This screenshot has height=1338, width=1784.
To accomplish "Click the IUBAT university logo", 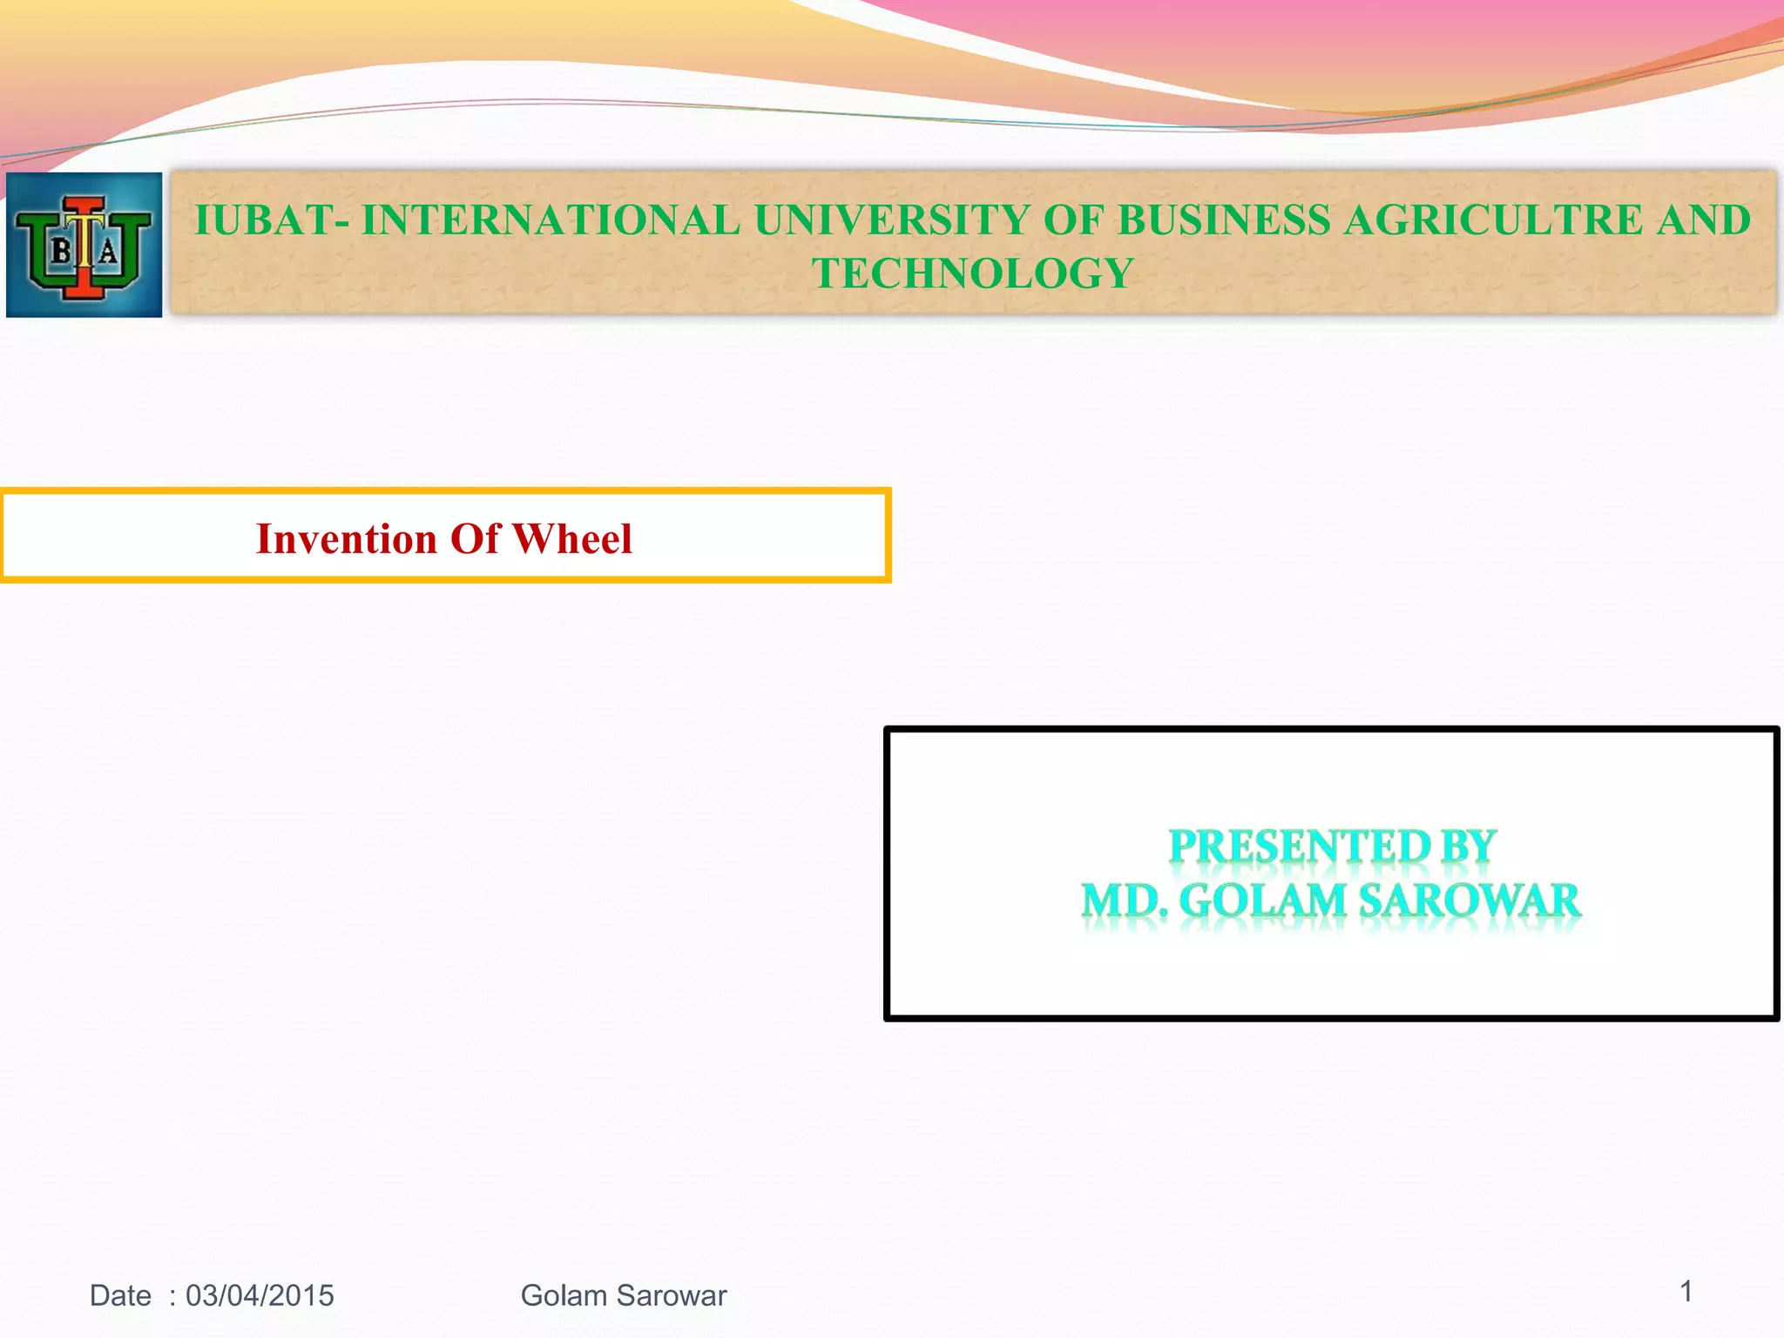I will [84, 245].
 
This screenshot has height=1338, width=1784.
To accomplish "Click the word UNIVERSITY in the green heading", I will [892, 220].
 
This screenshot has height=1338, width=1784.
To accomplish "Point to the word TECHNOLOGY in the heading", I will [972, 274].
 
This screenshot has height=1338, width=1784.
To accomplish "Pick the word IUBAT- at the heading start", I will [272, 220].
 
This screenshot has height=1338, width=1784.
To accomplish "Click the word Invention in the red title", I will [346, 538].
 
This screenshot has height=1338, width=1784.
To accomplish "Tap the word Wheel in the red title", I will [572, 538].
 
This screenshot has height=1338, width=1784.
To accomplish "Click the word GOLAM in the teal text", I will [1262, 901].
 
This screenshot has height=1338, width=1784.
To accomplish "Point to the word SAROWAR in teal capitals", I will [1470, 901].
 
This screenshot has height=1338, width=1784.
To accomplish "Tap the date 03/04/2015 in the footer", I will [260, 1295].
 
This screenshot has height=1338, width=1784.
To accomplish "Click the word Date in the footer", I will [120, 1295].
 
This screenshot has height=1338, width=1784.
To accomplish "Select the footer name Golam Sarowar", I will [624, 1295].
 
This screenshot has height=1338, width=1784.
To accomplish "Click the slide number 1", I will [1686, 1291].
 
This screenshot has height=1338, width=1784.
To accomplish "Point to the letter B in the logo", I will [62, 253].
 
